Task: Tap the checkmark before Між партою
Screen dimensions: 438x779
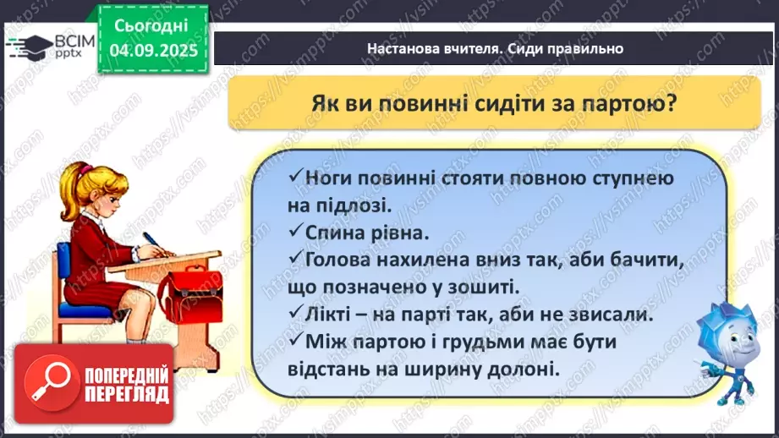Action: click(294, 341)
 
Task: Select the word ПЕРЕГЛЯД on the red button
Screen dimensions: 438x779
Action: click(124, 395)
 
